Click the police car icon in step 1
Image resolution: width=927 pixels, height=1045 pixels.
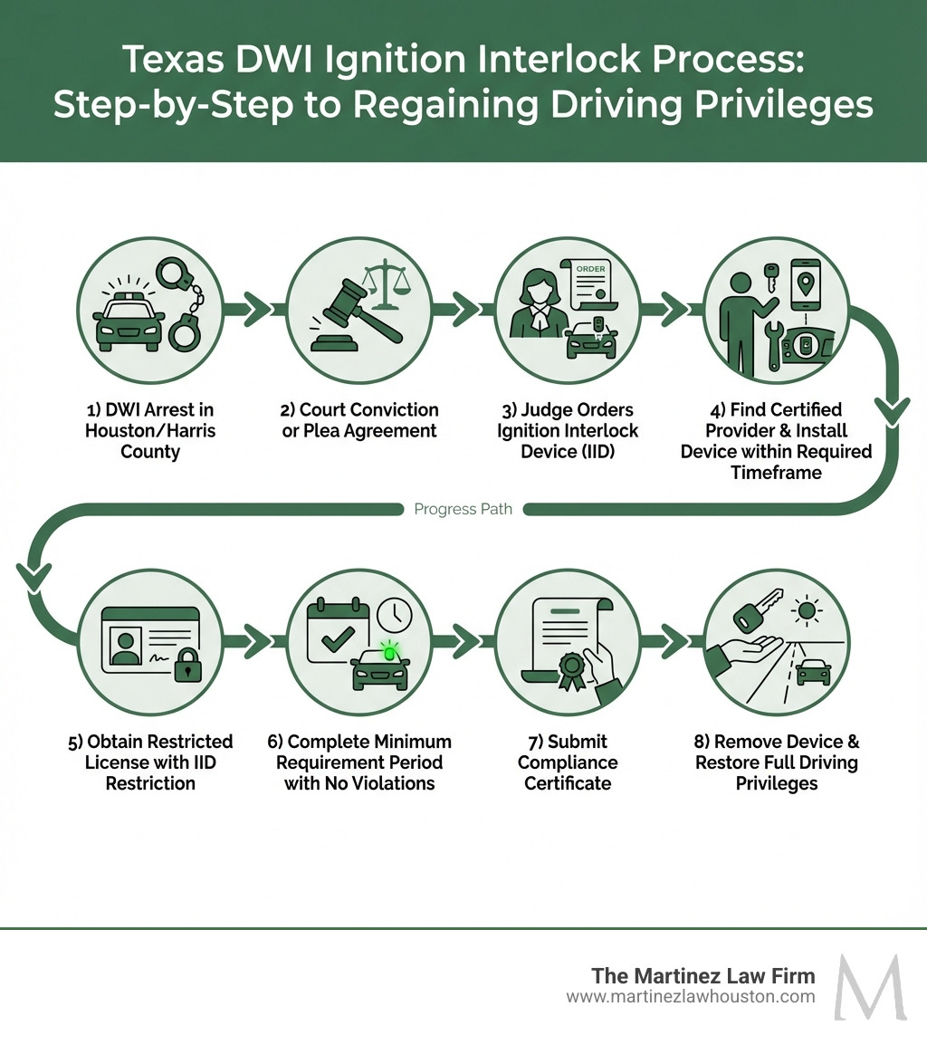click(129, 321)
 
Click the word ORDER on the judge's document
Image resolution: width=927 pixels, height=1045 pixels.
click(590, 269)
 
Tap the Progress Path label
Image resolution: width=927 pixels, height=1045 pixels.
click(463, 509)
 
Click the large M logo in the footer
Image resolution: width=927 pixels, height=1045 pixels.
click(870, 986)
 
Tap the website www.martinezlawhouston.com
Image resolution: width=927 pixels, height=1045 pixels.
click(691, 997)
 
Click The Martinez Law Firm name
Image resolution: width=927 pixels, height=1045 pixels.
click(702, 975)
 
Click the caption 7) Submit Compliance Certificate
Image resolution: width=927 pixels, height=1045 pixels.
click(568, 762)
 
